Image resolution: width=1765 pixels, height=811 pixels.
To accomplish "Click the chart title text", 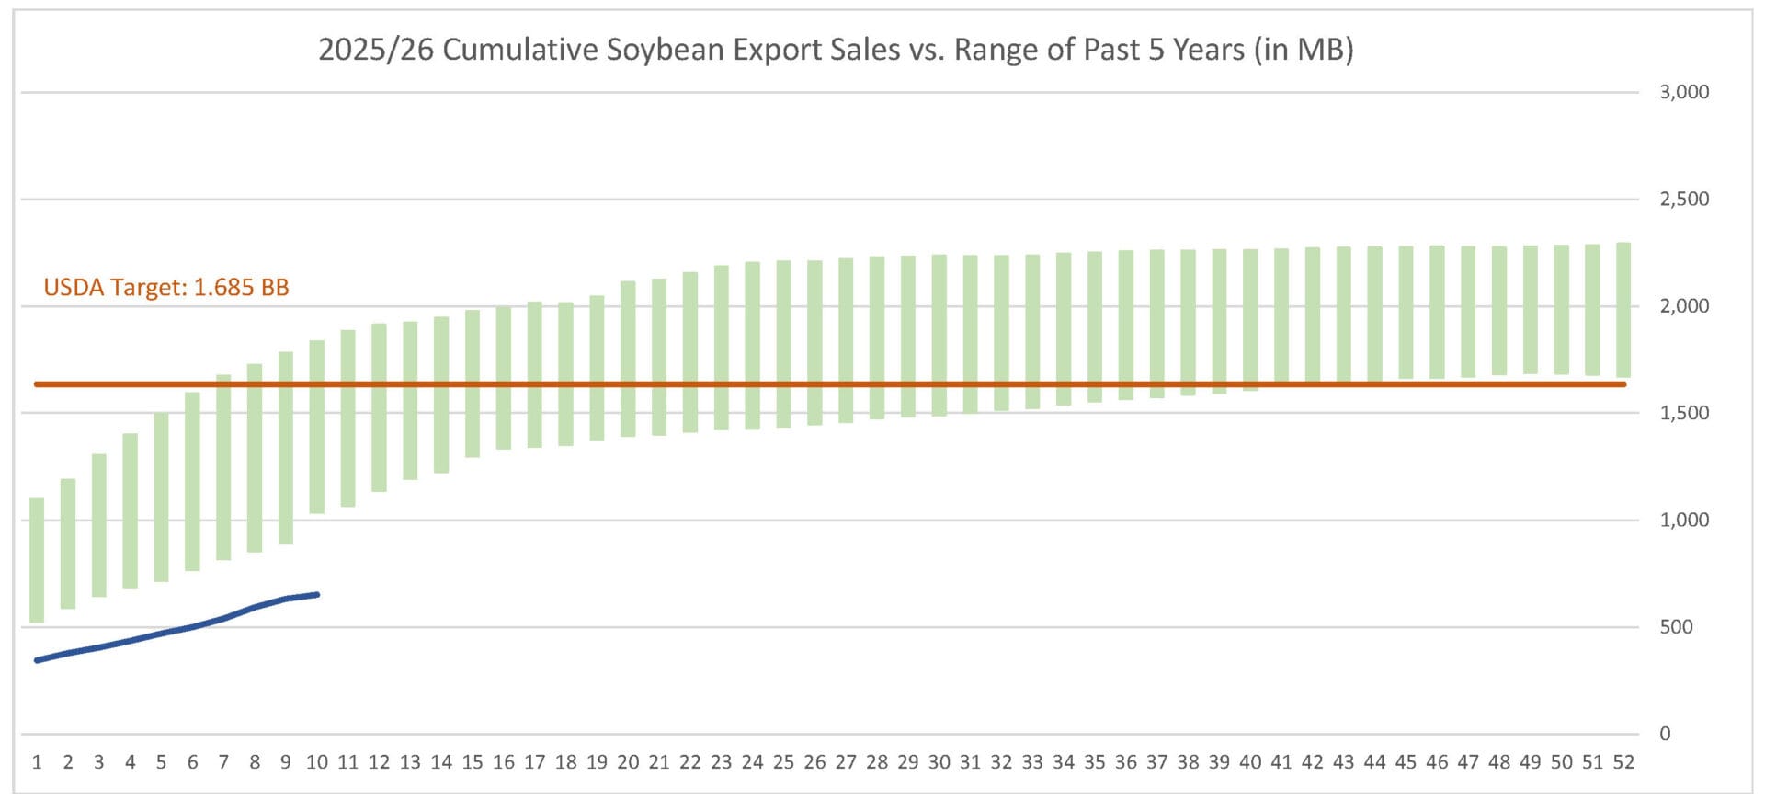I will coord(836,50).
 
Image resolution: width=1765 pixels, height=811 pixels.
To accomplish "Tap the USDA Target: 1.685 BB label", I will coord(166,288).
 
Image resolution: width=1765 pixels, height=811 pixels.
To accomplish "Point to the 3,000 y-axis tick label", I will coord(1683,92).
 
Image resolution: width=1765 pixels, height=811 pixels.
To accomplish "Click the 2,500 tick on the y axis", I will coord(1683,200).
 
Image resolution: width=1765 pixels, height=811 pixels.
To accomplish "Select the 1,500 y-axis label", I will coord(1683,413).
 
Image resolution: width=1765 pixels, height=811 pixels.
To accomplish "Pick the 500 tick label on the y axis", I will coord(1676,627).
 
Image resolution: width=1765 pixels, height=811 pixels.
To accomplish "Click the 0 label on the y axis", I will coord(1665,734).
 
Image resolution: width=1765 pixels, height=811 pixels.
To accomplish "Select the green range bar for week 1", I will coord(37,560).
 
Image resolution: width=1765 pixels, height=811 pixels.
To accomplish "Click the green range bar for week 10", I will coord(317,427).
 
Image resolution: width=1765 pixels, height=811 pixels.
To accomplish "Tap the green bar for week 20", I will coord(628,359).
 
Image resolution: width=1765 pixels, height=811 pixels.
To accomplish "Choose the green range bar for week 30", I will coord(939,336).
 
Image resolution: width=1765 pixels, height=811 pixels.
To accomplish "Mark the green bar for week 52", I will coord(1623,310).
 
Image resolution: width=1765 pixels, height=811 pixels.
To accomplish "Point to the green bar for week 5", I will coord(161,497).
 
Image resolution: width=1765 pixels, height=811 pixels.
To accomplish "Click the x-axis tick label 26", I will coord(814,762).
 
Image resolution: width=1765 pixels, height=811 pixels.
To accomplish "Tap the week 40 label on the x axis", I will coord(1250,762).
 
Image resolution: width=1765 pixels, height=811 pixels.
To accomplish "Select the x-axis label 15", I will coord(473,762).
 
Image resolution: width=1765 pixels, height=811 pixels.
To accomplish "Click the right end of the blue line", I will coord(317,595).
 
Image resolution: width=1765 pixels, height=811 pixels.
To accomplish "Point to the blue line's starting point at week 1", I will coord(37,660).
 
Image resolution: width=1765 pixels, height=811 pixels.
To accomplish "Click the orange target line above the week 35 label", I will coord(1094,384).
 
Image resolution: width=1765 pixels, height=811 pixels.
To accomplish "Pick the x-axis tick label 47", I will coord(1468,762).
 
